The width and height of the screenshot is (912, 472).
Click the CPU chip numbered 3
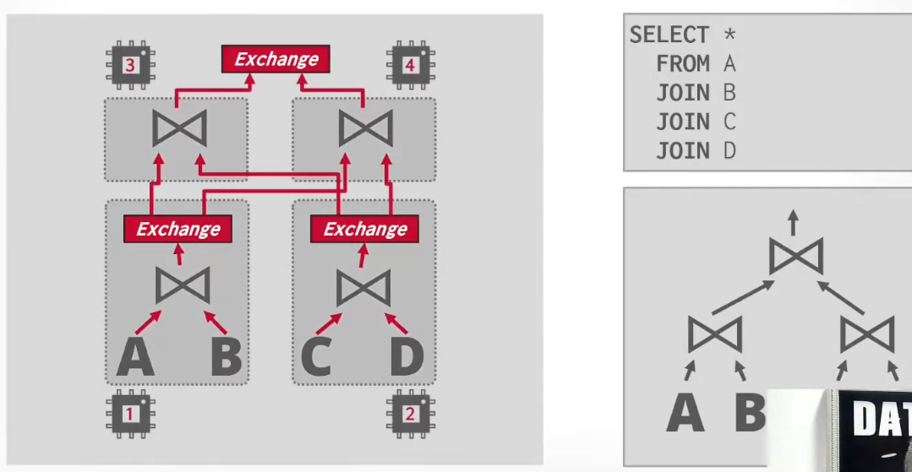(x=129, y=64)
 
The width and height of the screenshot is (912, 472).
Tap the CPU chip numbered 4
(x=411, y=64)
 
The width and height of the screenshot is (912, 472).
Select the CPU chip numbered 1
(x=129, y=414)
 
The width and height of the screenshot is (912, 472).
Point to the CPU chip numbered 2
(x=411, y=414)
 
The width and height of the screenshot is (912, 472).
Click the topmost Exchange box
(x=276, y=59)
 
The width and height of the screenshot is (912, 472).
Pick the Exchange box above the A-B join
(x=178, y=229)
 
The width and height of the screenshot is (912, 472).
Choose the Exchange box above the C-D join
(x=364, y=229)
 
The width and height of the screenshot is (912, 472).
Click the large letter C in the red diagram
(x=317, y=355)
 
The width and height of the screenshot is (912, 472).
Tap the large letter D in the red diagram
(x=407, y=355)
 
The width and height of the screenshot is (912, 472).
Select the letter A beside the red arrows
(x=135, y=355)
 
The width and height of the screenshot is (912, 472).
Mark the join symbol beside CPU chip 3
(x=179, y=128)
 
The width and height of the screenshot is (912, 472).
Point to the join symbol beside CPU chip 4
(x=366, y=128)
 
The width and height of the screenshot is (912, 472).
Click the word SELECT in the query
(x=670, y=35)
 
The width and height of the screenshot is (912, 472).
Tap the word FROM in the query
(x=683, y=64)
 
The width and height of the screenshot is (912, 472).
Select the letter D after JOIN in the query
(x=729, y=151)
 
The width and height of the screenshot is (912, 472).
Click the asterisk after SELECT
(x=729, y=33)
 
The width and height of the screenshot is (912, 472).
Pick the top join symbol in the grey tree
(x=795, y=256)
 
